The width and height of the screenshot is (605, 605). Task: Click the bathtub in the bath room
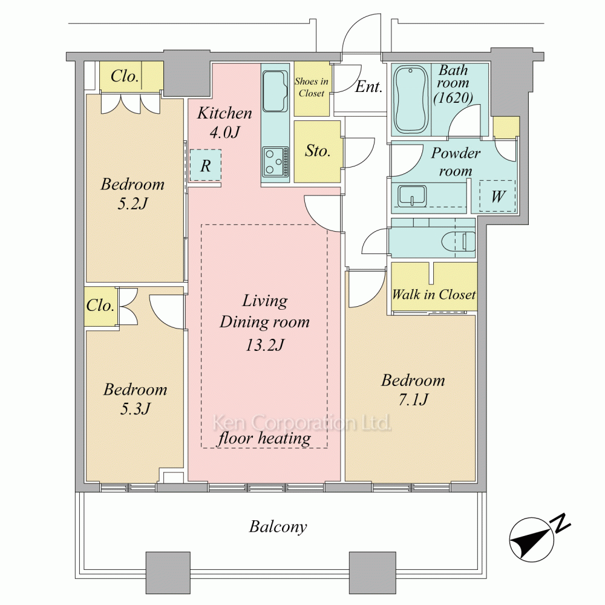pyautogui.click(x=411, y=100)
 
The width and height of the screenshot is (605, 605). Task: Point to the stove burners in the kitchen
pyautogui.click(x=275, y=162)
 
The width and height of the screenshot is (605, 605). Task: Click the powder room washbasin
pyautogui.click(x=412, y=196)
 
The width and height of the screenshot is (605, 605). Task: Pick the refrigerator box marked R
pyautogui.click(x=206, y=165)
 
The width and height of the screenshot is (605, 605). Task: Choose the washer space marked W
pyautogui.click(x=498, y=196)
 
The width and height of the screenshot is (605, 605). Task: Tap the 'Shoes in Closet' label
pyautogui.click(x=312, y=87)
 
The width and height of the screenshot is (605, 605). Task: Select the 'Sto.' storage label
pyautogui.click(x=318, y=151)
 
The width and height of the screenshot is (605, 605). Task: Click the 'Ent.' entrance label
pyautogui.click(x=368, y=87)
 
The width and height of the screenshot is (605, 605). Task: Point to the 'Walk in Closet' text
pyautogui.click(x=434, y=295)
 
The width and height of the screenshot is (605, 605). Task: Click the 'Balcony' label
pyautogui.click(x=278, y=527)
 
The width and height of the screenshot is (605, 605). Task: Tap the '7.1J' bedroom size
pyautogui.click(x=413, y=400)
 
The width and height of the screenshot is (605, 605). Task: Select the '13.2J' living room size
pyautogui.click(x=265, y=345)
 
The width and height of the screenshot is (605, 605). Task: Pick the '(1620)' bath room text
pyautogui.click(x=453, y=97)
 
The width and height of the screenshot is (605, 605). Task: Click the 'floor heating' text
pyautogui.click(x=264, y=438)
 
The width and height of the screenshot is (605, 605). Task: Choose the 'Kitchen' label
pyautogui.click(x=224, y=113)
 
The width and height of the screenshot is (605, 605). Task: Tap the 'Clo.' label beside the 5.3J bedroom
pyautogui.click(x=100, y=306)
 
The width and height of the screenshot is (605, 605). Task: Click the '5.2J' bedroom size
pyautogui.click(x=132, y=203)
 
